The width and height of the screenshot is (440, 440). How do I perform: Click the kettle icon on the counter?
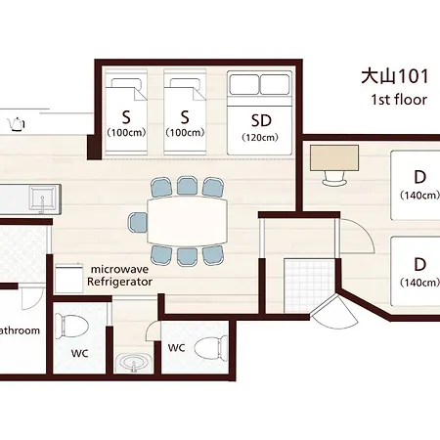[16, 124]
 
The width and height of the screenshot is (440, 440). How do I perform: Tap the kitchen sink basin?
[42, 198]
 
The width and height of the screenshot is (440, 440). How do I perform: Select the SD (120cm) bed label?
[260, 127]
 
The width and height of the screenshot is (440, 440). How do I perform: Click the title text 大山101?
[395, 76]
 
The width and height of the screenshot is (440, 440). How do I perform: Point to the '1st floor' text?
[399, 100]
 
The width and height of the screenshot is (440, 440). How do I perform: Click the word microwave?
[119, 269]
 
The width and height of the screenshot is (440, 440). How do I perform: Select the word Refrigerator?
[119, 282]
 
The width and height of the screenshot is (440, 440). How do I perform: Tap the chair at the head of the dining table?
[138, 222]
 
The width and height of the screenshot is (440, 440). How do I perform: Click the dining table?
[187, 220]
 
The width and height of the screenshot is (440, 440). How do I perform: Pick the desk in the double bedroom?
[334, 157]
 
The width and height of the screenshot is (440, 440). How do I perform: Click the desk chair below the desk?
[334, 178]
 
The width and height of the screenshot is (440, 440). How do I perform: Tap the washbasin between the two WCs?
[133, 362]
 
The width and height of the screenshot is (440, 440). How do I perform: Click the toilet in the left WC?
[71, 325]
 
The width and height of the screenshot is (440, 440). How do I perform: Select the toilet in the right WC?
[211, 348]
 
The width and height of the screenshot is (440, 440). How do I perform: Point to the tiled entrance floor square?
[309, 286]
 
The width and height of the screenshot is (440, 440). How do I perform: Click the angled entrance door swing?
[335, 311]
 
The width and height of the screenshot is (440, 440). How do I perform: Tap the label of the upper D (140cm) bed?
[419, 185]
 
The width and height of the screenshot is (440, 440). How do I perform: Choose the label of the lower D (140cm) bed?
[419, 272]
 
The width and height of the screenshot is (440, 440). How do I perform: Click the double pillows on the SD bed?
[259, 84]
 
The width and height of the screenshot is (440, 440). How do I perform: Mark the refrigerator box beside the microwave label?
[68, 278]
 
